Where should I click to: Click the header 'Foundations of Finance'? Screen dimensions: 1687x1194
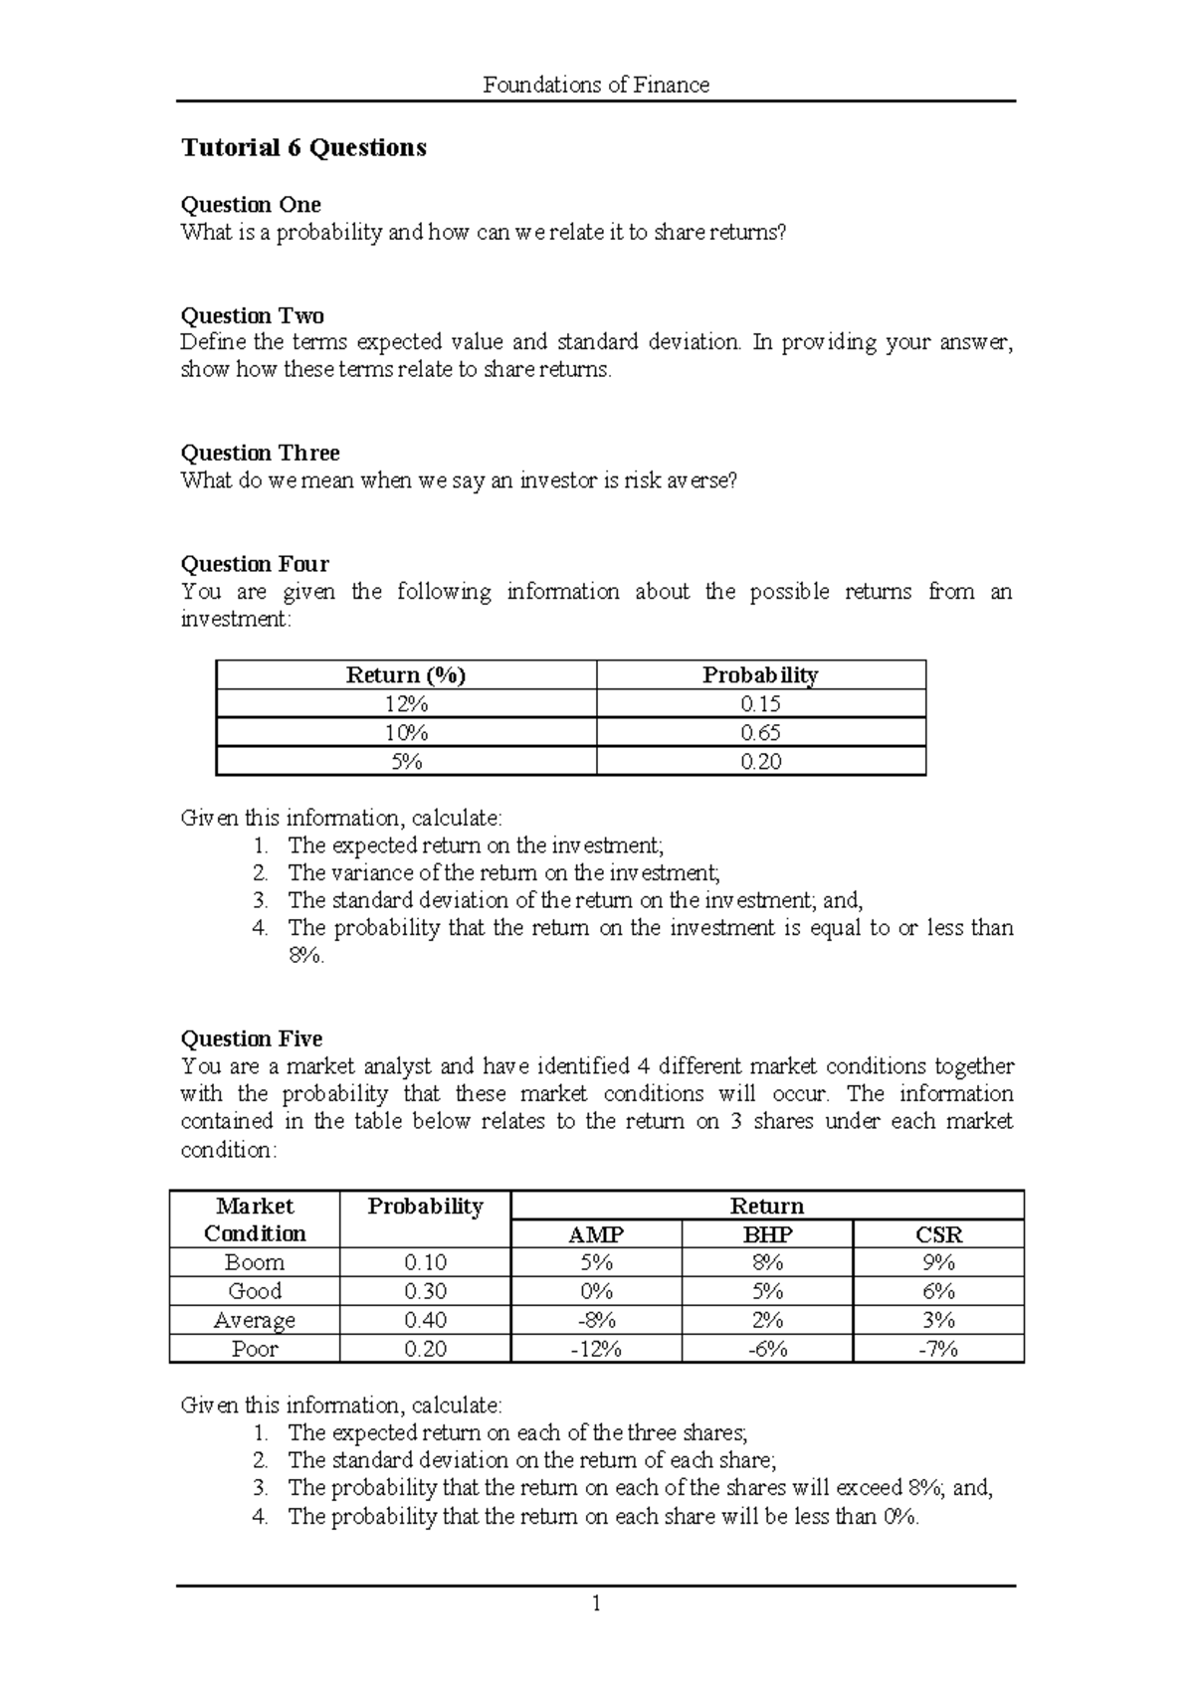(x=596, y=85)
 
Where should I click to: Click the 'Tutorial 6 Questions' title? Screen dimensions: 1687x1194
(x=303, y=147)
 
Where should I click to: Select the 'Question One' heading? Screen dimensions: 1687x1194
(x=251, y=205)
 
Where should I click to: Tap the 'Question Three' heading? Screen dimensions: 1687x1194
(x=260, y=454)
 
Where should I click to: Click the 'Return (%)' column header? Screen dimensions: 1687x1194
(x=406, y=675)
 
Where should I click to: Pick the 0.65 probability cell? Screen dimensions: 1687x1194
(x=760, y=733)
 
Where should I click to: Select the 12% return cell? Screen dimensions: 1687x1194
(x=406, y=704)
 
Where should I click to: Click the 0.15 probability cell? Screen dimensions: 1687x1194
(x=760, y=704)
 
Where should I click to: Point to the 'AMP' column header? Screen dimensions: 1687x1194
(x=595, y=1234)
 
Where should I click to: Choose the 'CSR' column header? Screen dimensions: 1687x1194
(x=938, y=1234)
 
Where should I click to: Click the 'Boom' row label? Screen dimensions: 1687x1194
(x=255, y=1262)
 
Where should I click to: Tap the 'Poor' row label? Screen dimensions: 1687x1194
(x=255, y=1349)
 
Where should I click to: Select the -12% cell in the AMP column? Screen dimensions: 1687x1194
(x=595, y=1349)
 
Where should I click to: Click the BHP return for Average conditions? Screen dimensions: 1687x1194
(x=767, y=1320)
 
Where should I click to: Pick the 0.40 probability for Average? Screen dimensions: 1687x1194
(x=425, y=1320)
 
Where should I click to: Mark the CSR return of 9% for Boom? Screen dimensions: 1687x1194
(x=938, y=1262)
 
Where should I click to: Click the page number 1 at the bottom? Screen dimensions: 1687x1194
(x=596, y=1603)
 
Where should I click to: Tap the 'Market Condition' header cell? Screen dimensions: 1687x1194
(x=255, y=1219)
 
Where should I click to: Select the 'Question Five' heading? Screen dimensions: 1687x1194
(x=252, y=1039)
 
